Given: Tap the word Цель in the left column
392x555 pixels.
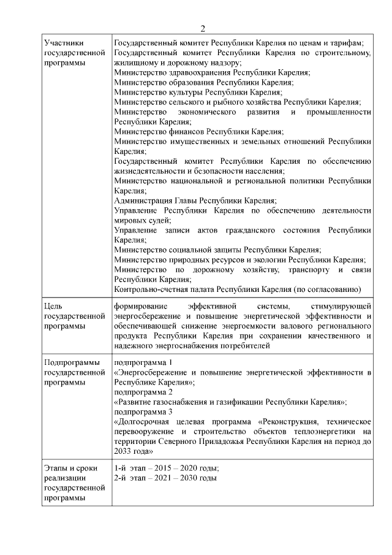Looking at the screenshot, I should point(54,305).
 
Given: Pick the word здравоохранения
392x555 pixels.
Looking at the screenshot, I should point(193,72).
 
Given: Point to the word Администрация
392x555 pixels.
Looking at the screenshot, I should point(145,200).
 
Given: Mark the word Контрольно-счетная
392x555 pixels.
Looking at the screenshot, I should point(153,289).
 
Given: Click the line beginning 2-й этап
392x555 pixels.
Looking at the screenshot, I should point(165,478).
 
